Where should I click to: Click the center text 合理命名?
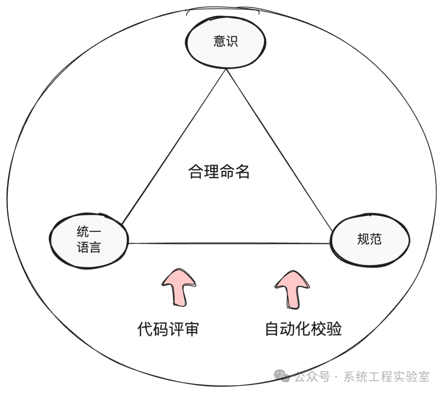click(219, 172)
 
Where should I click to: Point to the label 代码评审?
click(168, 329)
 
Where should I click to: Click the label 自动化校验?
click(303, 329)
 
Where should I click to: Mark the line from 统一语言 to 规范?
click(230, 243)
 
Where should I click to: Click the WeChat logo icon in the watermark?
click(283, 375)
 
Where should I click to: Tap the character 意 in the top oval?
click(220, 42)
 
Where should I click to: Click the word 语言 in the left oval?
click(89, 248)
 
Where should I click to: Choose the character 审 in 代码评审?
click(192, 329)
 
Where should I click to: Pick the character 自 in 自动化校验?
click(271, 329)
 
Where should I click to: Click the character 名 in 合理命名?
click(243, 172)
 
